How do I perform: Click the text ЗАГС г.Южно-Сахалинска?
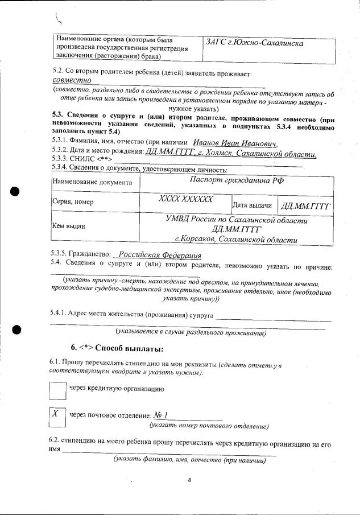pyautogui.click(x=254, y=43)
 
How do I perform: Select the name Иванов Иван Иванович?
pyautogui.click(x=234, y=143)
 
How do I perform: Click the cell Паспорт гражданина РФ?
pyautogui.click(x=237, y=181)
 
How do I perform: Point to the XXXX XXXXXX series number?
pyautogui.click(x=185, y=199)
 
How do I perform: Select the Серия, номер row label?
pyautogui.click(x=73, y=202)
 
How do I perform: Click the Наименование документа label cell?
pyautogui.click(x=92, y=182)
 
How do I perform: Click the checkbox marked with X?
pyautogui.click(x=56, y=417)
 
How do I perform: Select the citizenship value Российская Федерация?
pyautogui.click(x=164, y=255)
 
